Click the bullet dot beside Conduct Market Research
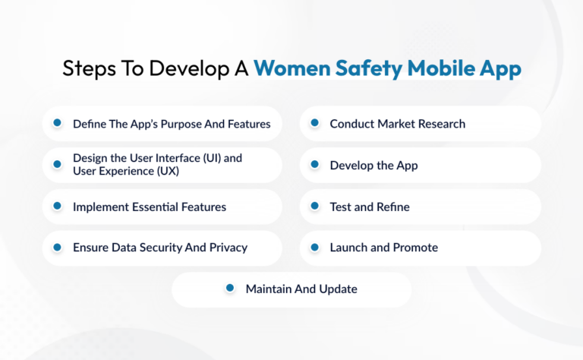[x=313, y=123]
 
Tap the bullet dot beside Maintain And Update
[x=228, y=289]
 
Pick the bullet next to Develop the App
[x=313, y=165]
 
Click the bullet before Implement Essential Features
[x=56, y=206]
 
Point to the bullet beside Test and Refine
[x=313, y=206]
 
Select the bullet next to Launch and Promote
[x=313, y=247]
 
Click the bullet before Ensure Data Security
[x=56, y=247]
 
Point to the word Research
[x=440, y=124]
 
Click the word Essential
[x=158, y=207]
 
